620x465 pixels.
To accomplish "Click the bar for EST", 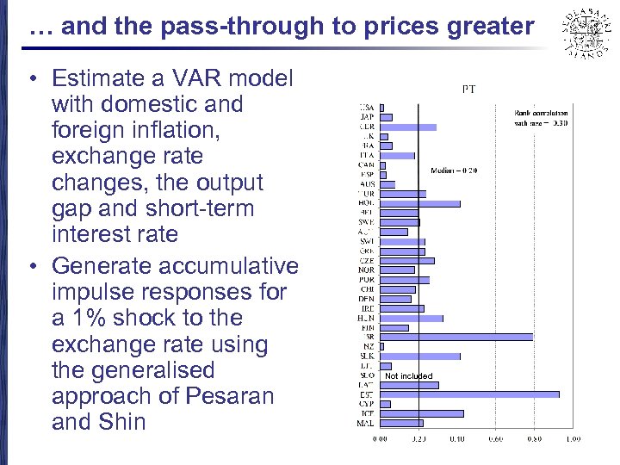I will click(x=469, y=394).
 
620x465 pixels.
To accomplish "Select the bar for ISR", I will click(x=456, y=337).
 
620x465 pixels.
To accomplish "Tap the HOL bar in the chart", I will click(x=420, y=204).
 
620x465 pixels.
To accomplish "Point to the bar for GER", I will click(x=408, y=127).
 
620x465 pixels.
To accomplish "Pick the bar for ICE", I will click(x=422, y=413).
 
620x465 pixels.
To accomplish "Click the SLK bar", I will click(x=420, y=356).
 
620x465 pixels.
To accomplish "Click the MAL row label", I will click(x=365, y=423).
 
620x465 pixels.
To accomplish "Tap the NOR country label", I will click(x=366, y=270).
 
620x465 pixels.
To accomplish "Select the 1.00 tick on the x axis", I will click(x=572, y=438).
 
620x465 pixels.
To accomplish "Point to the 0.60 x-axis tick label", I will click(x=495, y=438).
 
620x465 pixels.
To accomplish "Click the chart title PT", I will click(x=469, y=89).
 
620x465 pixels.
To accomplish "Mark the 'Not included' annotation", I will click(x=409, y=375).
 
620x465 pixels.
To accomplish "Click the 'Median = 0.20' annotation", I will click(x=454, y=170).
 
